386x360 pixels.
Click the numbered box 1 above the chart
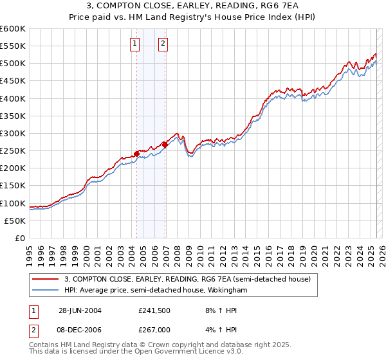(135, 44)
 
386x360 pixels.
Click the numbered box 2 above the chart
(163, 44)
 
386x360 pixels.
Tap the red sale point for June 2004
(137, 154)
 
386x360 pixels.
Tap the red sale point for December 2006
(165, 145)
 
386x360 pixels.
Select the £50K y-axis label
(15, 221)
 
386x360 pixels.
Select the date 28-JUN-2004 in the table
(80, 310)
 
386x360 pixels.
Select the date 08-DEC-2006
(80, 329)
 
